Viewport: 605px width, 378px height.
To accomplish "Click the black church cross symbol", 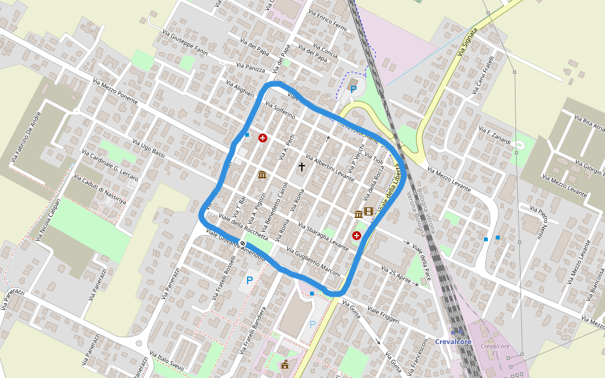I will pos(301,167).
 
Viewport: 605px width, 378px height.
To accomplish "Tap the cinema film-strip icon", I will pos(369,212).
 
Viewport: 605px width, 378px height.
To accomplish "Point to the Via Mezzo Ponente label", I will pos(115,91).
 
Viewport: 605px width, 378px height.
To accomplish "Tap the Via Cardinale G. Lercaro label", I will pos(110,165).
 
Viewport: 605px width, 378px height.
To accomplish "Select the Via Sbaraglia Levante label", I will pos(323,237).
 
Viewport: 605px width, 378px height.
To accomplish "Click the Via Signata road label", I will pos(468,42).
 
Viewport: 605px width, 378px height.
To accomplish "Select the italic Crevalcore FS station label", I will pos(495,350).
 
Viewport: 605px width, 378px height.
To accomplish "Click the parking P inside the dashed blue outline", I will pos(353,89).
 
